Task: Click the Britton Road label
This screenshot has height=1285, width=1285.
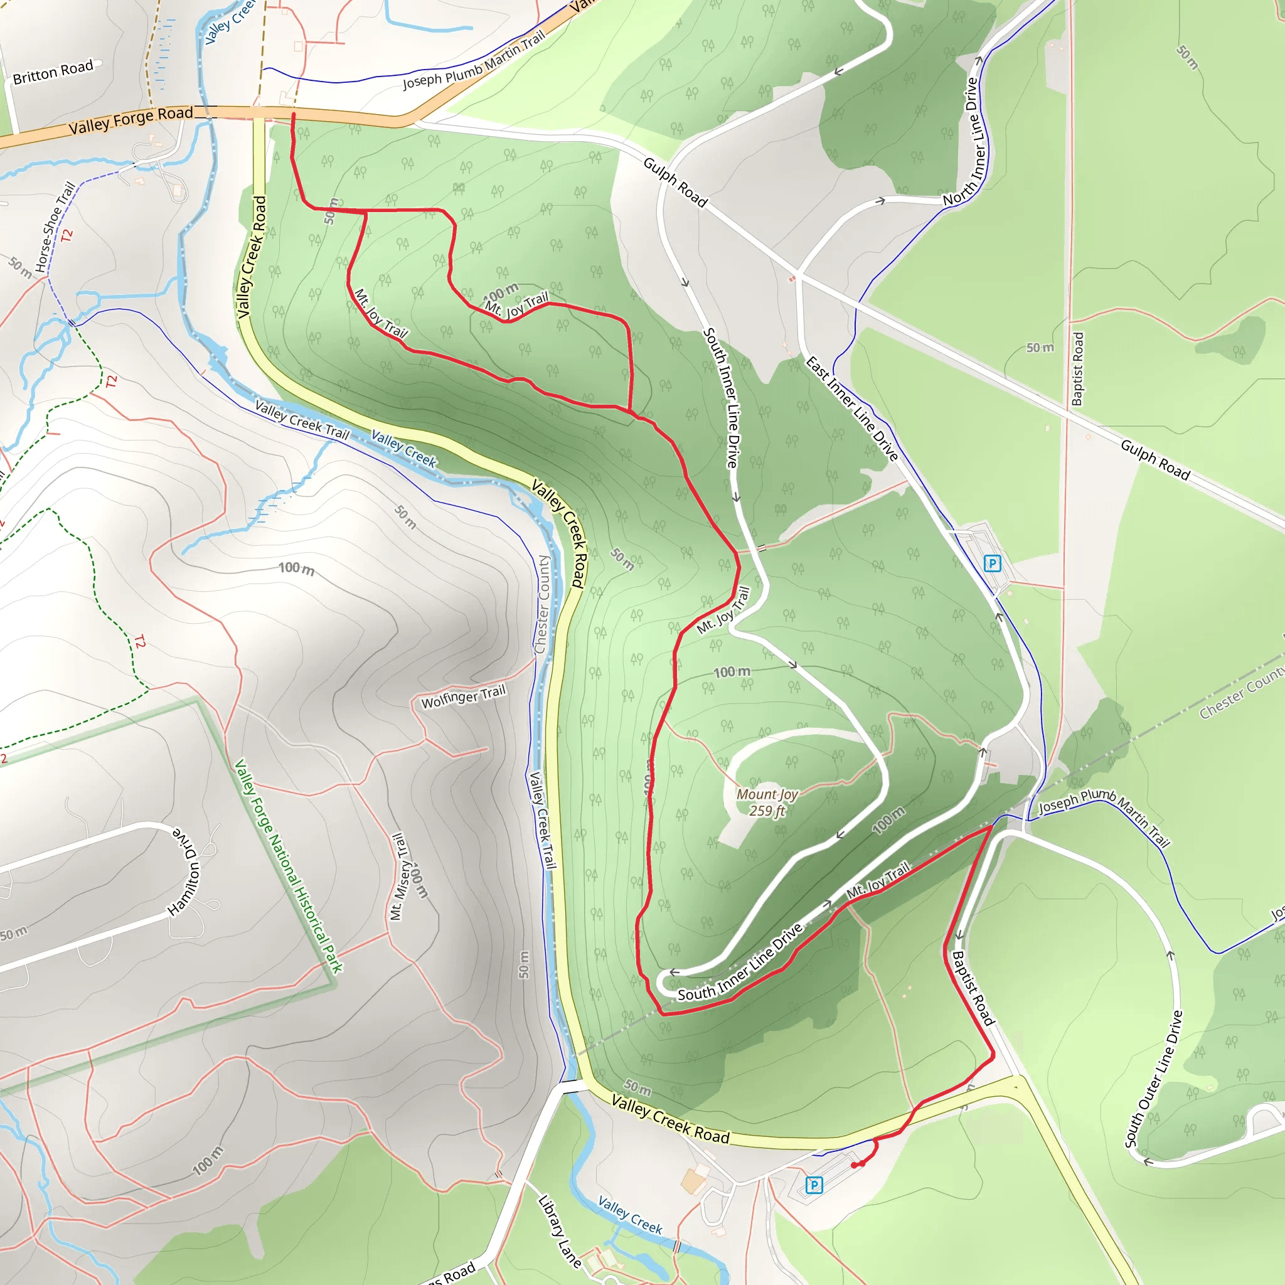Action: [53, 72]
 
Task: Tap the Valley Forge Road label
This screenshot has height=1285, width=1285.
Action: [131, 120]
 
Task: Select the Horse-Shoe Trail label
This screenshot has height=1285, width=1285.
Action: [55, 227]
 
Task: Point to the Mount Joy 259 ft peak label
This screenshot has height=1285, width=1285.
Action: [767, 802]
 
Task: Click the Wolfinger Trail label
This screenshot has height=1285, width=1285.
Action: [464, 696]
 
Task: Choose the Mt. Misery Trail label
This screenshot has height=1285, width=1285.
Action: [398, 877]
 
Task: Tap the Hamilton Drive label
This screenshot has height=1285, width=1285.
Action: [184, 872]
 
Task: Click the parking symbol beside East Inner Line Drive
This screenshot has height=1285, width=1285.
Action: [992, 564]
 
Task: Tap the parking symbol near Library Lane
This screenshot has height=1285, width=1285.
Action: [813, 1185]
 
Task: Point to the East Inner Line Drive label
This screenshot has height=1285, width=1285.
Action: [852, 408]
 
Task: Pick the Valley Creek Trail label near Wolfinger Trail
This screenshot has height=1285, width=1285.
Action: [542, 820]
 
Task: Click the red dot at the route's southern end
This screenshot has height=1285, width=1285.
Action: [854, 1165]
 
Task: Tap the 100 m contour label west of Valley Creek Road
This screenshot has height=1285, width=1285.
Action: [296, 568]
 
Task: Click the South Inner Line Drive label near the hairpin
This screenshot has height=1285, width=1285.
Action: [740, 964]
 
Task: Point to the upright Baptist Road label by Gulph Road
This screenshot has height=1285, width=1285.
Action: [1077, 369]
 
